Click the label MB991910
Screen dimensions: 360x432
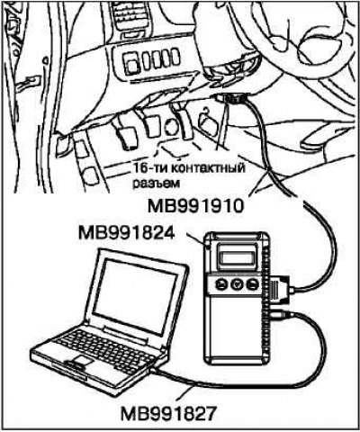point(196,207)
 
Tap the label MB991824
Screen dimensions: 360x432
point(126,234)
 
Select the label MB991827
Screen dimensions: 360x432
point(168,414)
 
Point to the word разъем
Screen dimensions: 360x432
point(157,183)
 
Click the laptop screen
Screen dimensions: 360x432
point(135,295)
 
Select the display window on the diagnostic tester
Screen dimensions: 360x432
point(238,257)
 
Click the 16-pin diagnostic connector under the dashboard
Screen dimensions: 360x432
point(231,97)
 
